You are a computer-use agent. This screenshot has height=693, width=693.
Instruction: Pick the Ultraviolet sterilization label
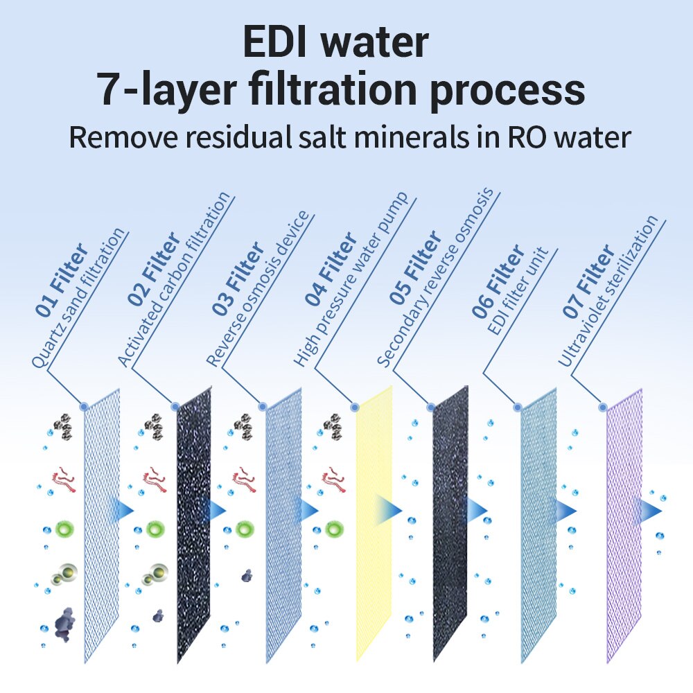point(610,291)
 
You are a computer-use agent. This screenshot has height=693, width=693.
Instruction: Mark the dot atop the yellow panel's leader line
point(355,407)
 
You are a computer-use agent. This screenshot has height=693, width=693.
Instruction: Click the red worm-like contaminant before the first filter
point(64,478)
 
